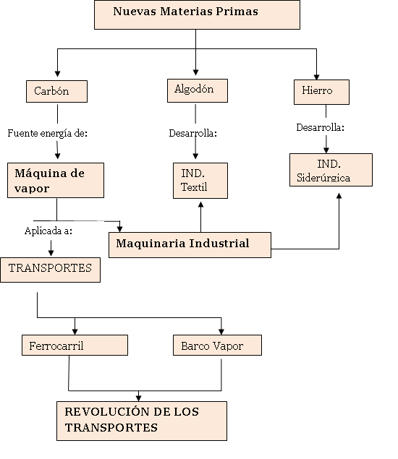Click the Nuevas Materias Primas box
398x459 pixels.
tap(197, 14)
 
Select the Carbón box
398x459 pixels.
tap(56, 92)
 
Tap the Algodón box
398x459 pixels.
tap(195, 90)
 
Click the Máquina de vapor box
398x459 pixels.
tap(56, 181)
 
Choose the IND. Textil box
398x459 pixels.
tap(200, 181)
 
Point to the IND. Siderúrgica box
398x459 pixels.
tap(331, 170)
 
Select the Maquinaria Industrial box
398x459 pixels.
tap(190, 244)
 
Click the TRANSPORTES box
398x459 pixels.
tap(50, 269)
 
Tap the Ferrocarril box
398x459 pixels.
tap(75, 346)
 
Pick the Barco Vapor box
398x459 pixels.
tap(217, 346)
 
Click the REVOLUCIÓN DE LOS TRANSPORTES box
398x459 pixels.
tap(142, 420)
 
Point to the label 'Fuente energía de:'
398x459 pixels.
tap(47, 133)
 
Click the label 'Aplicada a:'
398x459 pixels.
tap(48, 231)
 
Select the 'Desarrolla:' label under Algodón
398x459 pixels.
tap(193, 133)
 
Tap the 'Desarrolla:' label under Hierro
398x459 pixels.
tap(321, 127)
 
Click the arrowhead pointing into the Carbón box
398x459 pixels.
tap(58, 75)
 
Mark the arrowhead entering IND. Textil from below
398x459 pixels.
tap(200, 205)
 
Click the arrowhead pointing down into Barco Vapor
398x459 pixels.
tap(221, 330)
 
